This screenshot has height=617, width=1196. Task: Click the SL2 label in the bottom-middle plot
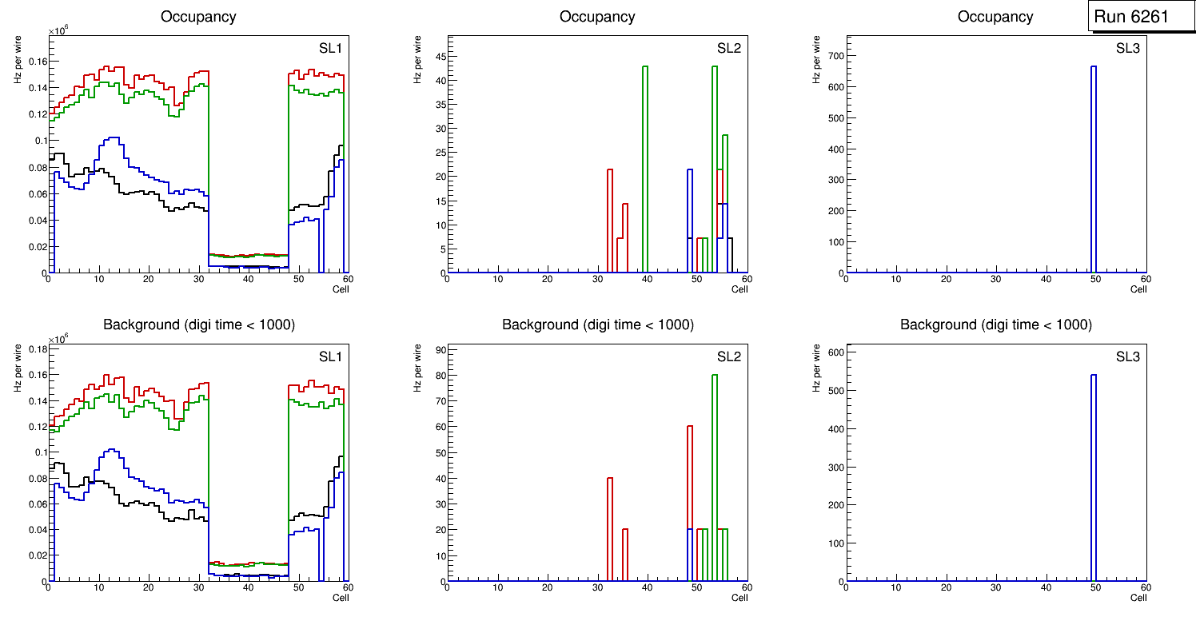coord(728,356)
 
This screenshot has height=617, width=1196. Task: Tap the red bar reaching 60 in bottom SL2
coord(690,504)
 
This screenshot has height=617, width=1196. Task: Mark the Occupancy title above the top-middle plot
coord(597,16)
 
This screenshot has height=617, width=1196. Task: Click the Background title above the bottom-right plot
coord(995,324)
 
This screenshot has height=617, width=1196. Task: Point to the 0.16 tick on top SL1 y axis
coord(37,62)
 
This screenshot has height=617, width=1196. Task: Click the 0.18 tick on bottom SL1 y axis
coord(37,349)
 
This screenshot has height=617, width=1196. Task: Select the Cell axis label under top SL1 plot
coord(341,289)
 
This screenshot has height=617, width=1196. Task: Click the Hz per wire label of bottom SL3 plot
coord(816,368)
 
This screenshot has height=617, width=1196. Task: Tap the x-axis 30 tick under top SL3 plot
coord(995,280)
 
